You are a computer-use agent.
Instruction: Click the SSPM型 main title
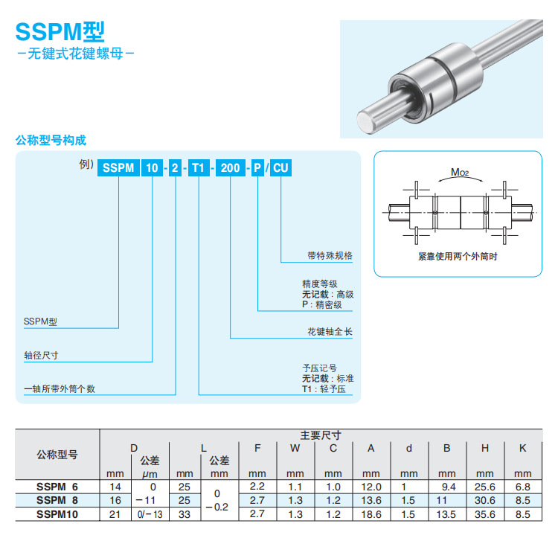click(60, 31)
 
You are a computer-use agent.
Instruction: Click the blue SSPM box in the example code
click(118, 167)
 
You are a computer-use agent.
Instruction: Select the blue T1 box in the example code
click(199, 167)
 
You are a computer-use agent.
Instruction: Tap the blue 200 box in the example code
click(231, 167)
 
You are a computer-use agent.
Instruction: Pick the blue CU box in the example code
click(280, 167)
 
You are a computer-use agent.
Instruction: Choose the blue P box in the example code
click(257, 167)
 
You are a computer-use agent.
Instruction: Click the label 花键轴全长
click(330, 332)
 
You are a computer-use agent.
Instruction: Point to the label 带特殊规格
click(330, 255)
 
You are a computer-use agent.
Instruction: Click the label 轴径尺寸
click(41, 356)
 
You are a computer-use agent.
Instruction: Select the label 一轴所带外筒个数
click(60, 388)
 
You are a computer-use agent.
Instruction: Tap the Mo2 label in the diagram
click(459, 173)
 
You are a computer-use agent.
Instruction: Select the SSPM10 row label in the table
click(57, 513)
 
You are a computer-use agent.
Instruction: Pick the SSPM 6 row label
click(57, 487)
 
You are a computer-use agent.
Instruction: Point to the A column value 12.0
click(371, 487)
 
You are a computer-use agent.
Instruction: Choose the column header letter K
click(523, 448)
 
